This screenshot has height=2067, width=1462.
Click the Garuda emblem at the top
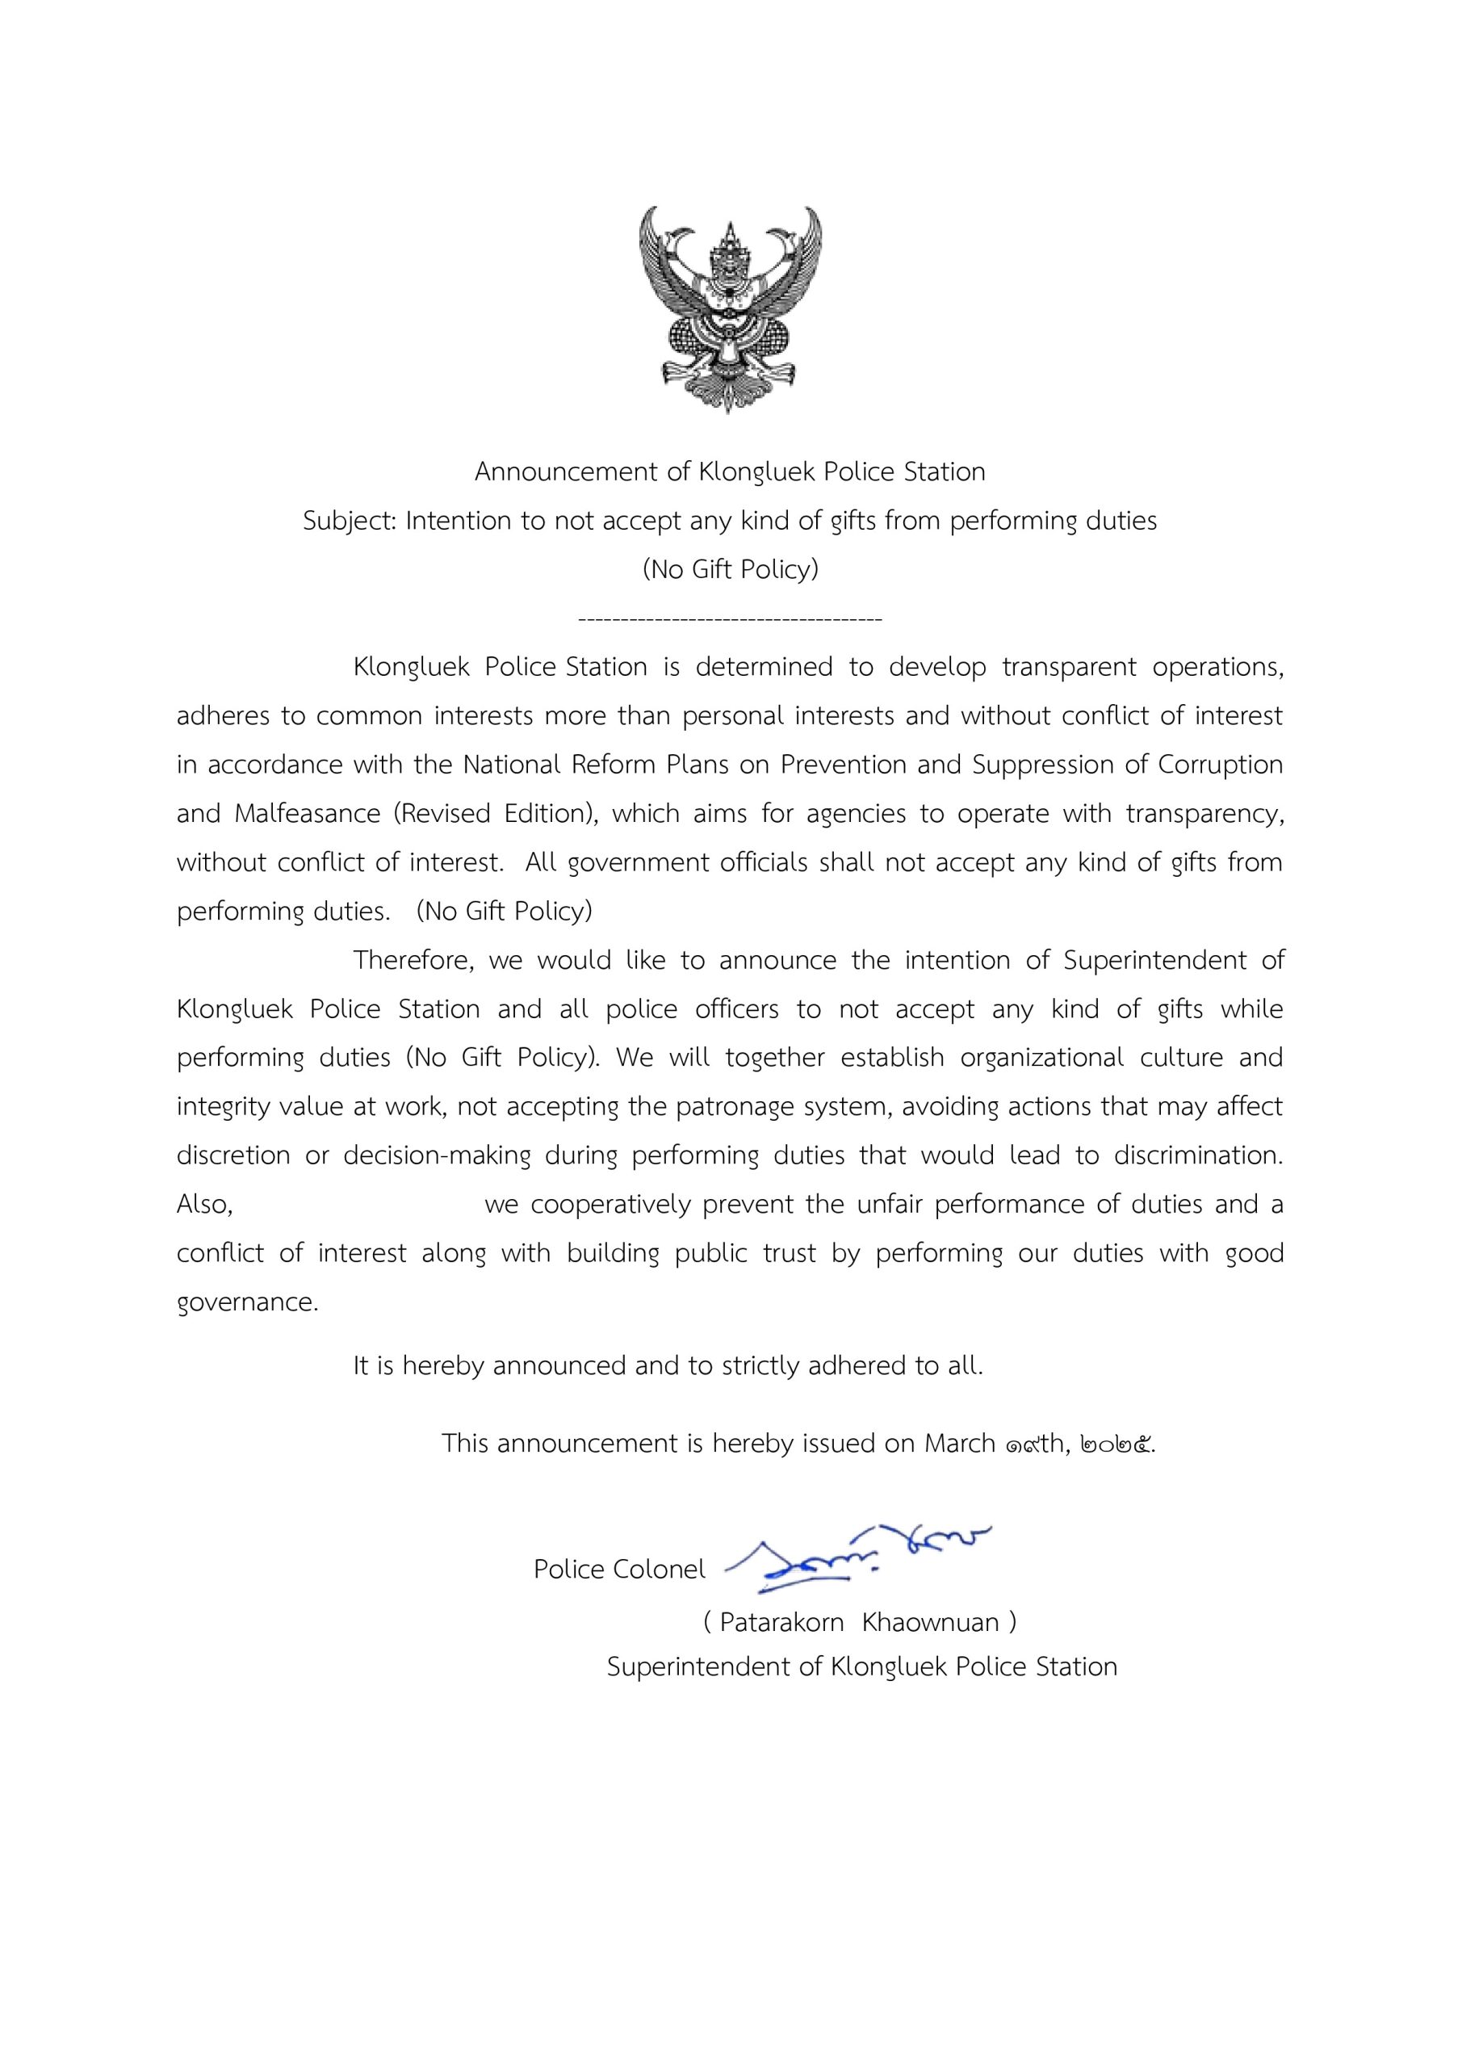730,308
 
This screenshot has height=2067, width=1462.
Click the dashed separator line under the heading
730,619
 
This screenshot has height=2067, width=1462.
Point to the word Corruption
1220,765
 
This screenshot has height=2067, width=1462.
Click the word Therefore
413,960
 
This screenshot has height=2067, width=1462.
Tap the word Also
204,1204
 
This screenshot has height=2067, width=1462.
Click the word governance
247,1302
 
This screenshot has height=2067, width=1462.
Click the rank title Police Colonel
619,1569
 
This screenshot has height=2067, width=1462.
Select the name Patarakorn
781,1622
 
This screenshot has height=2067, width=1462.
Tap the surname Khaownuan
930,1622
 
